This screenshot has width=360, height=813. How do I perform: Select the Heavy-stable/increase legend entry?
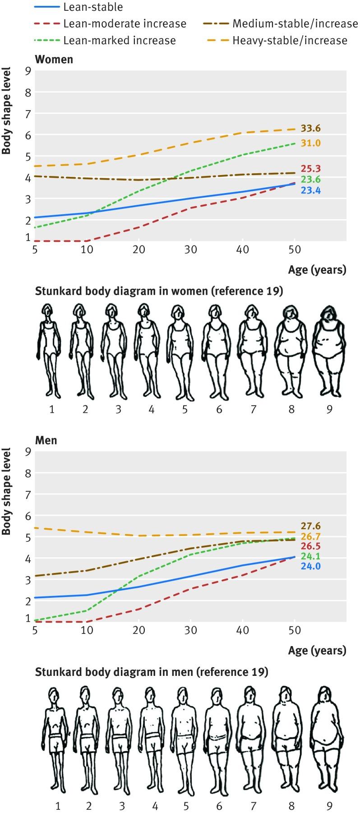point(289,41)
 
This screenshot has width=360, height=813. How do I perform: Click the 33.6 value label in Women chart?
point(311,129)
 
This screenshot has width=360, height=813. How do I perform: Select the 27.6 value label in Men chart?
point(311,526)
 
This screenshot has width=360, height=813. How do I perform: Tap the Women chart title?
point(54,59)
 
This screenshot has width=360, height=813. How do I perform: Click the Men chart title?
point(46,439)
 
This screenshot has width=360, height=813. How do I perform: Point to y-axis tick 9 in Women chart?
point(28,71)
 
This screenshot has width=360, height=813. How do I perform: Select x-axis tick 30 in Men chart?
point(191,630)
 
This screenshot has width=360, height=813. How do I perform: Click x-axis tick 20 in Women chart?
point(139,249)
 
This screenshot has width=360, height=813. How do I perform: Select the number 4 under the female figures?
point(151,409)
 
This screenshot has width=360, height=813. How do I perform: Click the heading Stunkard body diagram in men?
point(151,672)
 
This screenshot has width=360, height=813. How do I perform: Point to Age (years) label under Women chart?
point(317,270)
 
